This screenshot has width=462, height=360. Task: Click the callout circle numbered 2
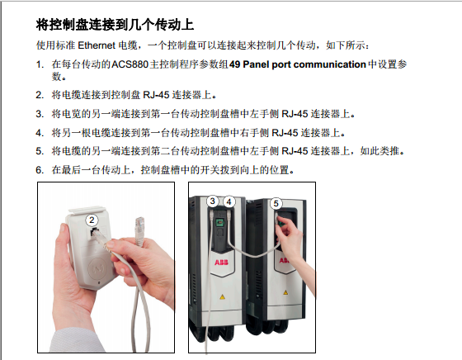92,220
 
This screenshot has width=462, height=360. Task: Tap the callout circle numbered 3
213,201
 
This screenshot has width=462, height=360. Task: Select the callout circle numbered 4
229,202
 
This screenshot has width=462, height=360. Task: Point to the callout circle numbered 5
276,203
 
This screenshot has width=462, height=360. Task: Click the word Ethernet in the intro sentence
97,45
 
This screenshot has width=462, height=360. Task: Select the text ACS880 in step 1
130,64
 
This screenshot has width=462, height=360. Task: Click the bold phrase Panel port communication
304,64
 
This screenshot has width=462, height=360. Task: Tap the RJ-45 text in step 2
156,95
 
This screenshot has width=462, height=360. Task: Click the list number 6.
40,170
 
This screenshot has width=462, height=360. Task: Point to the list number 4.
40,133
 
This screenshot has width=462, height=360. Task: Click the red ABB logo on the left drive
221,262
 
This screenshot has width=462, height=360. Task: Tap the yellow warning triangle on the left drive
222,296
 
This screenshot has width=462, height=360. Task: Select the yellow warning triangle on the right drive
285,292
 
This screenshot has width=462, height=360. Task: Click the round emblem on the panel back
97,269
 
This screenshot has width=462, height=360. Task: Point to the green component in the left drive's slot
219,222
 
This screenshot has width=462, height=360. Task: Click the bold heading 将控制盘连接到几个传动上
115,25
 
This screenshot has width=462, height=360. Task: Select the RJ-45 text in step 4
285,133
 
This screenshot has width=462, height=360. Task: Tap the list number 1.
40,64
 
